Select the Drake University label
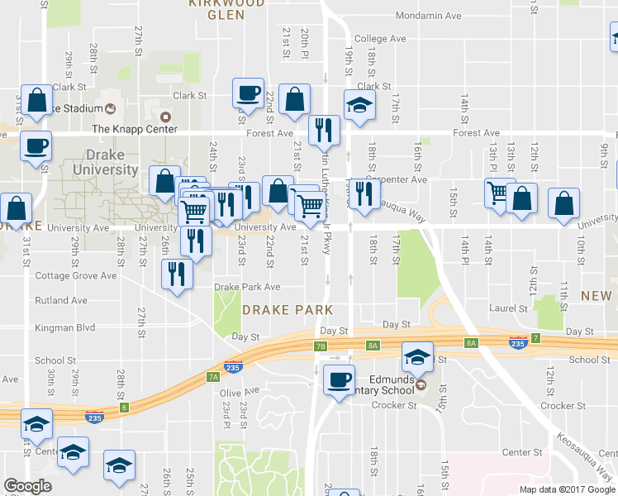111,162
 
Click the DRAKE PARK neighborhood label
288,310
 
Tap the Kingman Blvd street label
66,328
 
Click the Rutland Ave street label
60,301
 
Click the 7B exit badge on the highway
321,346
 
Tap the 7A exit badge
213,377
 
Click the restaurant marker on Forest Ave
324,130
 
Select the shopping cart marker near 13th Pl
498,193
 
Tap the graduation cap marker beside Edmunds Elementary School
417,357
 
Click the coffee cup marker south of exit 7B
338,380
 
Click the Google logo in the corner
27,486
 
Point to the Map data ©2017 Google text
567,489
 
